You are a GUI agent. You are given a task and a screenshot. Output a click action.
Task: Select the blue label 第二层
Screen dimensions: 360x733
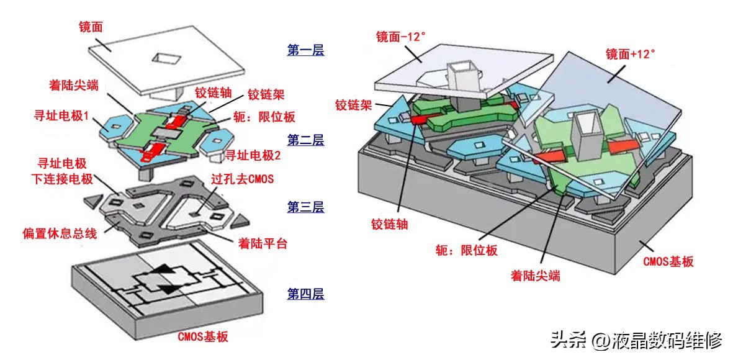tap(305, 141)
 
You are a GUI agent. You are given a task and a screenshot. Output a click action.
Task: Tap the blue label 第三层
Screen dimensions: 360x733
tap(305, 207)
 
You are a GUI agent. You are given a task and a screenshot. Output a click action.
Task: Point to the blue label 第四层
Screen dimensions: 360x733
tap(305, 294)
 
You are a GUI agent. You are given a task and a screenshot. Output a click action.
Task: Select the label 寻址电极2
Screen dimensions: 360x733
tap(253, 155)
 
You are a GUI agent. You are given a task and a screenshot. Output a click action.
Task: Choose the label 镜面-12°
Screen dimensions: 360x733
tap(400, 37)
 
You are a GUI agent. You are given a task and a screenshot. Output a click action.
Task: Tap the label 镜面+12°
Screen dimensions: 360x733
tap(630, 54)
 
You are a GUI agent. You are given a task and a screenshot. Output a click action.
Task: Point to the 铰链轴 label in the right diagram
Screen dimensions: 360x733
tap(389, 223)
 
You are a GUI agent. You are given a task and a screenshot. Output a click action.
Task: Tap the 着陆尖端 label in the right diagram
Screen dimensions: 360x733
tap(535, 275)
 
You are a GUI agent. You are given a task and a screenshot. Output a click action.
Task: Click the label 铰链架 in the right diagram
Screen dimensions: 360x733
tap(353, 105)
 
